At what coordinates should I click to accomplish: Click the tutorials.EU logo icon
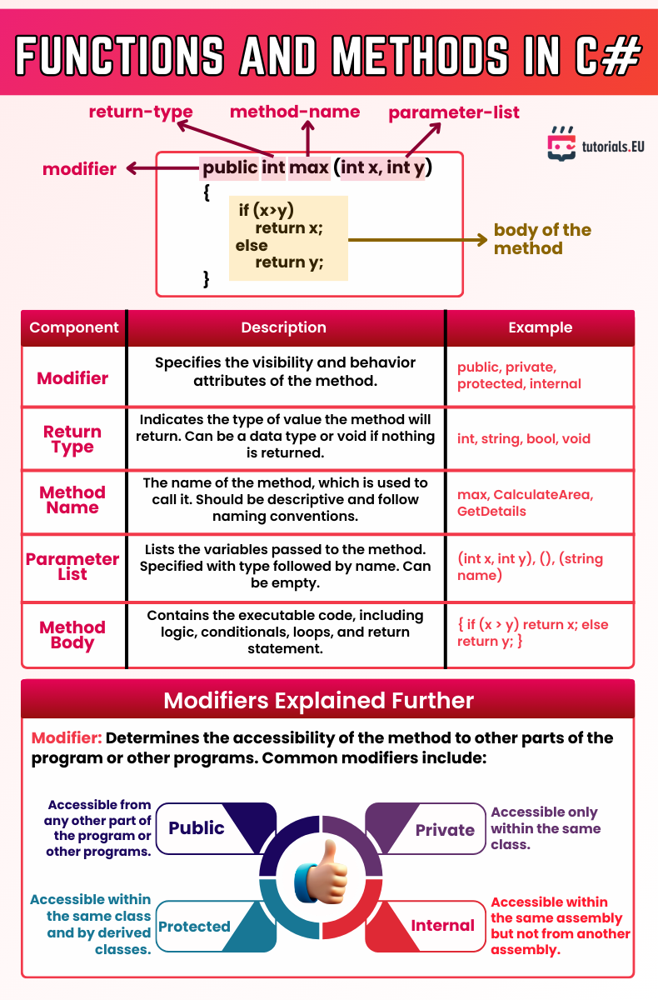561,144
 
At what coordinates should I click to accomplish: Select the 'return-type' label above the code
141,112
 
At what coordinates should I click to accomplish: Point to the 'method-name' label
295,112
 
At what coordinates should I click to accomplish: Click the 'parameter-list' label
454,112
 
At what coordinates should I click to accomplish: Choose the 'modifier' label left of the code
80,169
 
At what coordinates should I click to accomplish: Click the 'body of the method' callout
542,239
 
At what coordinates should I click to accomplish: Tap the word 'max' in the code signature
309,168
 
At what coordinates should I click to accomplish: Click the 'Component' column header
74,327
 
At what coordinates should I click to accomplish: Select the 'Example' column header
540,327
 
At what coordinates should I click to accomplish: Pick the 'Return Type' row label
72,439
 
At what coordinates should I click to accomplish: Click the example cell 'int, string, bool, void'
524,438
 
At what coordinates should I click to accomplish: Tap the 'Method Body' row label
72,635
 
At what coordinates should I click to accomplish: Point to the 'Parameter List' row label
72,567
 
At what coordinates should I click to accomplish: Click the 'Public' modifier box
197,828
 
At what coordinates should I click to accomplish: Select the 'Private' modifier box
445,830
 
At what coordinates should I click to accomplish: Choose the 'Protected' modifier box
194,927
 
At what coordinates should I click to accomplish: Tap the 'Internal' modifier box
442,926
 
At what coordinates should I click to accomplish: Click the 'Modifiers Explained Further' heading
319,700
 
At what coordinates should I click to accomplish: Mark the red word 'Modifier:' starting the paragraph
67,738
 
